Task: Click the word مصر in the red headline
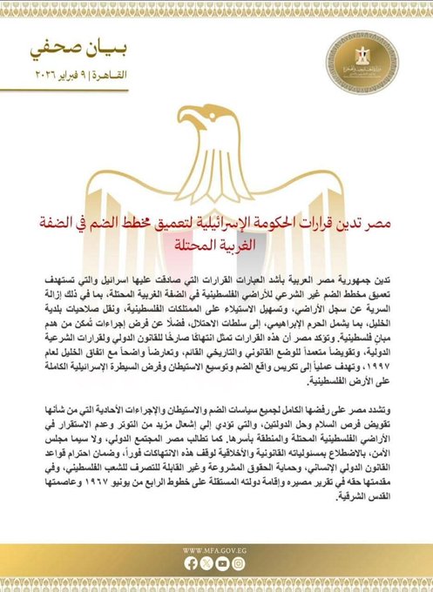click(x=368, y=221)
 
